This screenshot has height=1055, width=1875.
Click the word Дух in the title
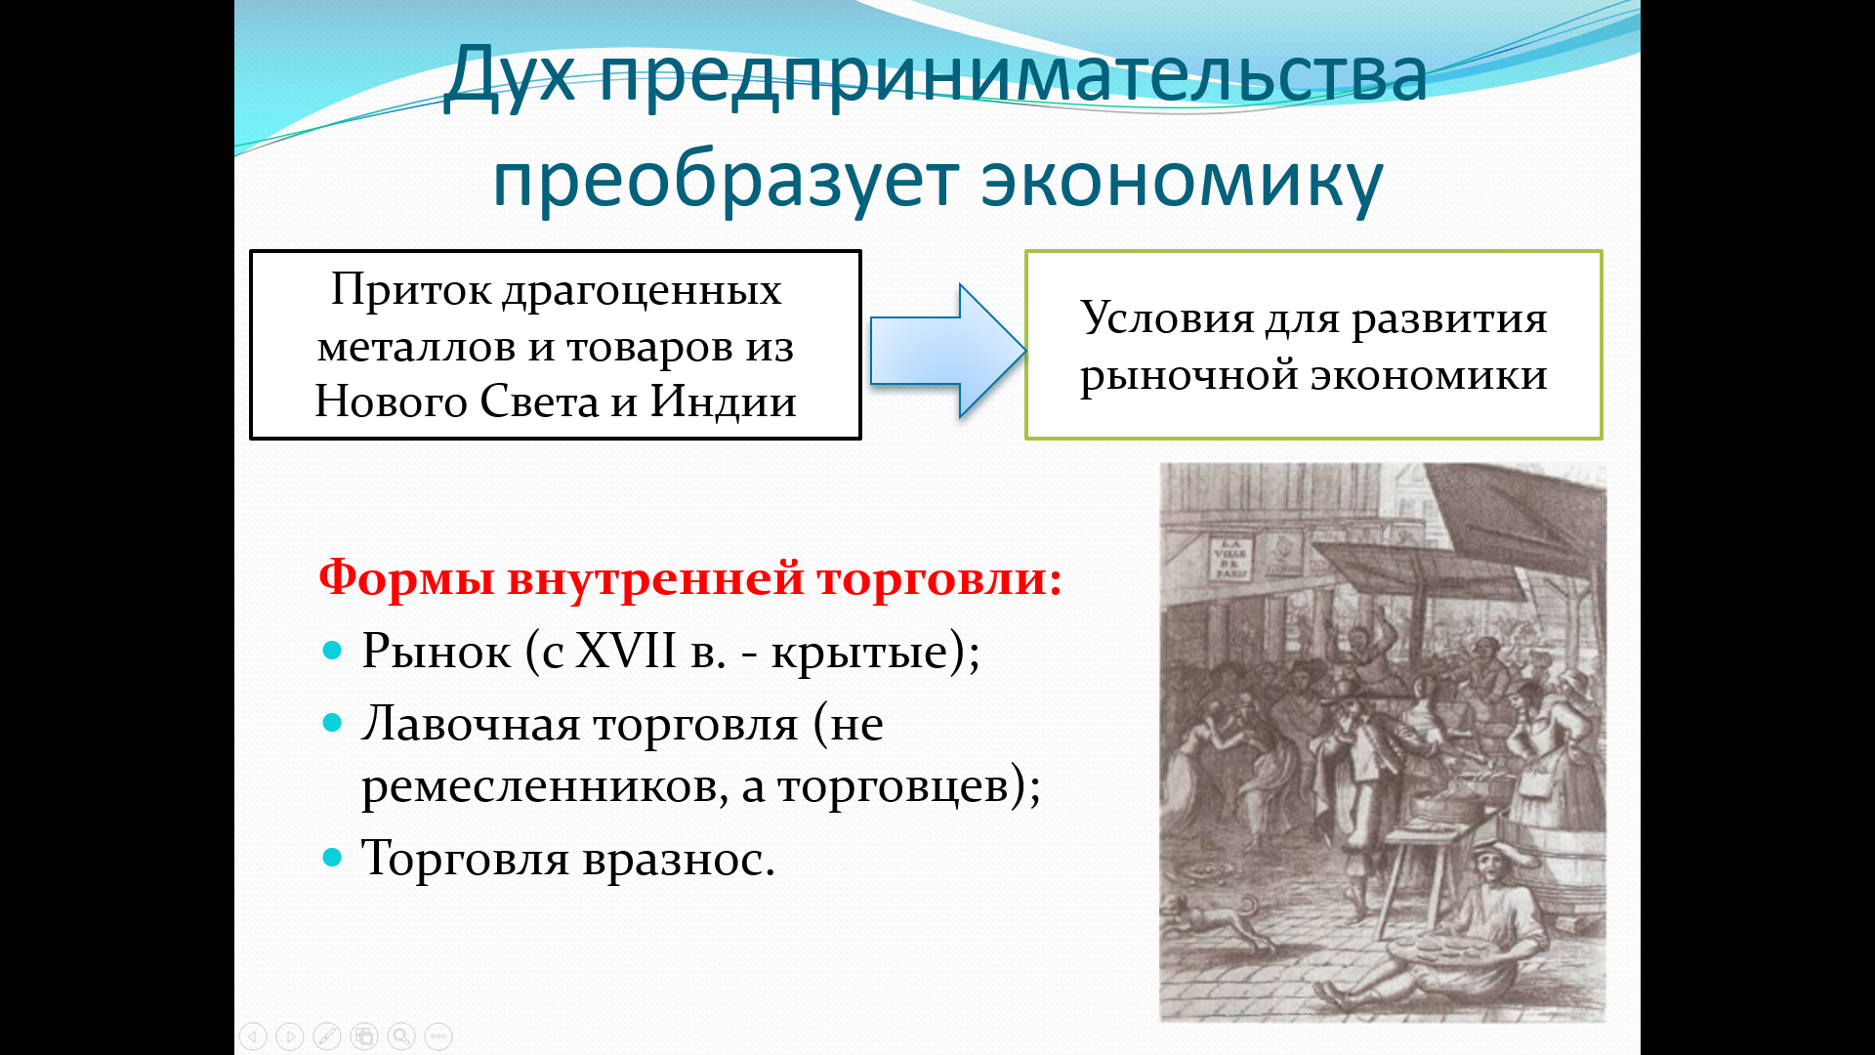509,76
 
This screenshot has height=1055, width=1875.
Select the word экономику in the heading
1182,182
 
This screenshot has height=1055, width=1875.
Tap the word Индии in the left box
723,401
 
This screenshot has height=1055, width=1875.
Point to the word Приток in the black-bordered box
410,290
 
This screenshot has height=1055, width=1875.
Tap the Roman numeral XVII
625,650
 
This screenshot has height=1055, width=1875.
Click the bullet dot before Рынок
332,650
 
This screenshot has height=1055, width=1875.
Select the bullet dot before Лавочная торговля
332,723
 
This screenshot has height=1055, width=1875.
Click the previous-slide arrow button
253,1035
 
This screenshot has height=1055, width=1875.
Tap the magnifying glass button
401,1035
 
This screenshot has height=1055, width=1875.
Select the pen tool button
327,1035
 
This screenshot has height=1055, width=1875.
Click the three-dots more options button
438,1035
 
